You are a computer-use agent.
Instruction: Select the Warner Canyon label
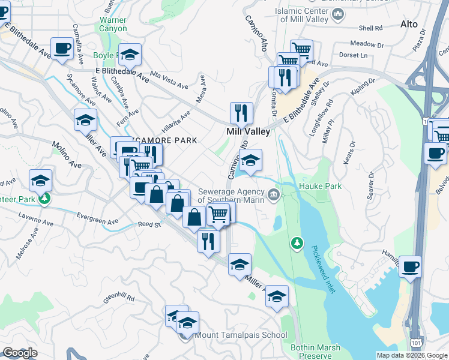[x=113, y=24]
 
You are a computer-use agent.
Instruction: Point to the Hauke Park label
[x=320, y=187]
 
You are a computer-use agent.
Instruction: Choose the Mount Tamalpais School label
[x=240, y=335]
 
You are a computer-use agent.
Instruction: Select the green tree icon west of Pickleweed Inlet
[x=296, y=242]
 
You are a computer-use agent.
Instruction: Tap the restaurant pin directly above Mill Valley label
[x=241, y=112]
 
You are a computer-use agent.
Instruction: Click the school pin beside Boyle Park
[x=130, y=55]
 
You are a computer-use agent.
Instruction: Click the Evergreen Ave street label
[x=101, y=221]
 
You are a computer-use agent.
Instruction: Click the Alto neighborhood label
[x=408, y=25]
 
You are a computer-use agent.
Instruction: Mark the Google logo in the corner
[x=20, y=353]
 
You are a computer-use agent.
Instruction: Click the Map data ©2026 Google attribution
[x=411, y=355]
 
